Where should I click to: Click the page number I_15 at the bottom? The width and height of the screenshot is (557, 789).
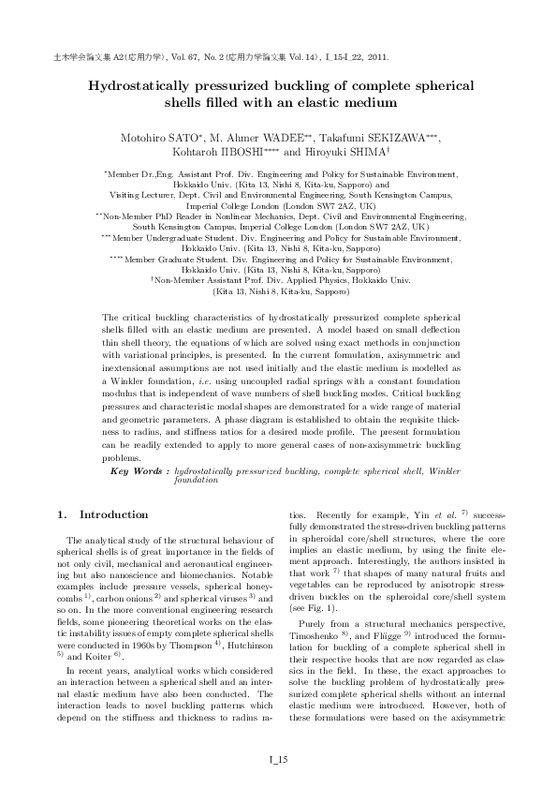[278, 759]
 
